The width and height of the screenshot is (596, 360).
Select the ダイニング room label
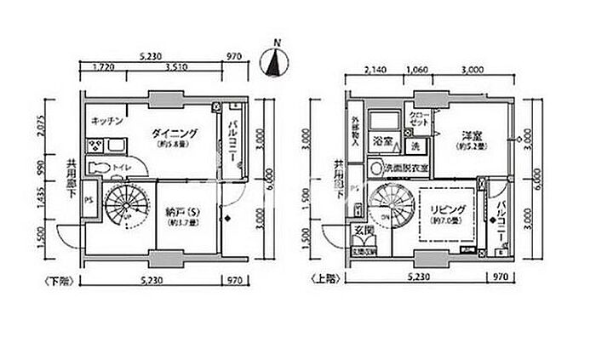pos(175,134)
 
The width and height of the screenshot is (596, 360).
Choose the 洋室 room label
pos(473,135)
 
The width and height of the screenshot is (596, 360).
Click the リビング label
pos(444,209)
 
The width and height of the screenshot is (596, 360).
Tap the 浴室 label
pos(382,140)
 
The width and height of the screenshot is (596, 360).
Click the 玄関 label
pos(362,227)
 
